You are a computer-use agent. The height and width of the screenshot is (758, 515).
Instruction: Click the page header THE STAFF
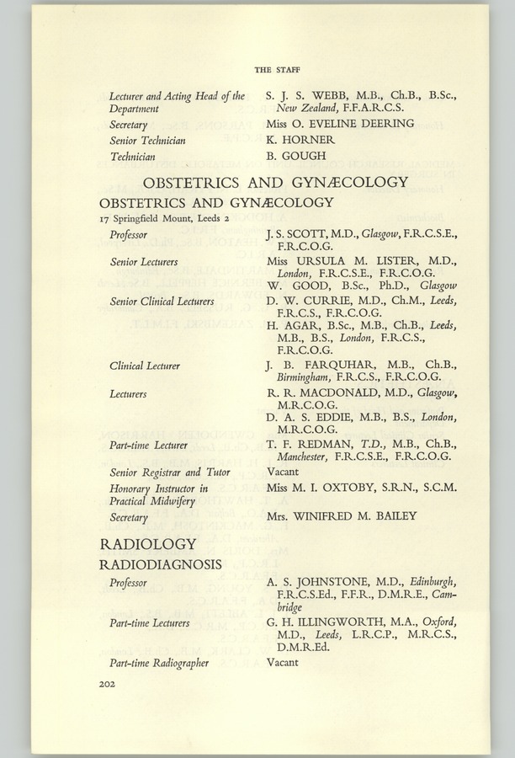(277, 68)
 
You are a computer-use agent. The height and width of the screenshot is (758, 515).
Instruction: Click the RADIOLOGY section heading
(148, 543)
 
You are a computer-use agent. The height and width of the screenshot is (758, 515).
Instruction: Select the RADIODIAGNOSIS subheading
(161, 563)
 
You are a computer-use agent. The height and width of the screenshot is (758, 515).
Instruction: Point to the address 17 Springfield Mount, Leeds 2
(164, 217)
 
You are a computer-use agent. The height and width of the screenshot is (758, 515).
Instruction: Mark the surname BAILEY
(393, 516)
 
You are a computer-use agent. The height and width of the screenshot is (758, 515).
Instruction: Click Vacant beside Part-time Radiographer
(283, 662)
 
